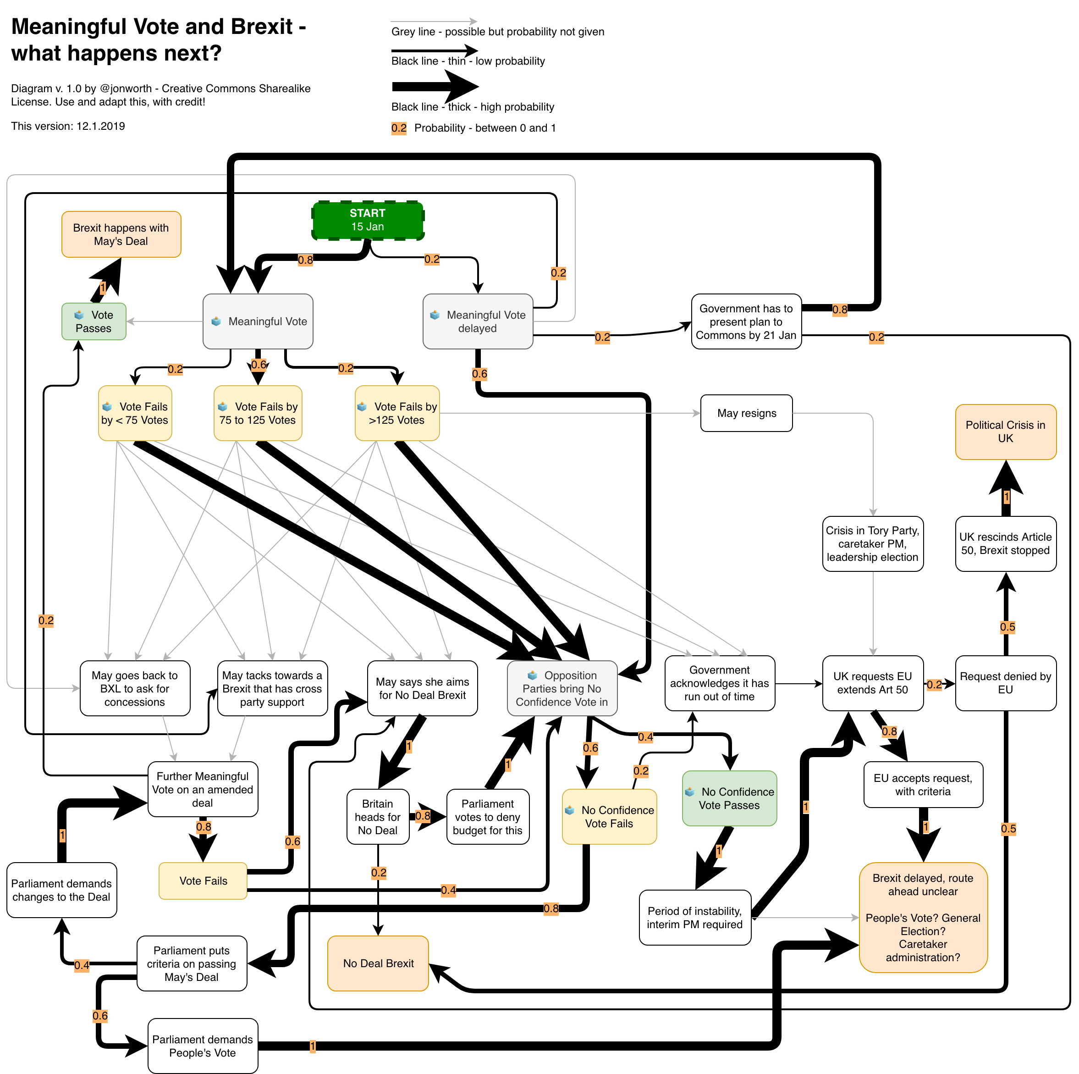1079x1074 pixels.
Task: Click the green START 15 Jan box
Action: (x=368, y=220)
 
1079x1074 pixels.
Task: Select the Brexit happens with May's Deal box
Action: (x=121, y=234)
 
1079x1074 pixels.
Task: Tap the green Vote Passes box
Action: (x=94, y=321)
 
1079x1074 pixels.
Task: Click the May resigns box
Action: (x=746, y=413)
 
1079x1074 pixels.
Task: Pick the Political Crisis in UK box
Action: (x=1005, y=432)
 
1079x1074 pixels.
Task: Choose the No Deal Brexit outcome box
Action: (x=378, y=963)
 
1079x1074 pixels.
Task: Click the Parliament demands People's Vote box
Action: (x=203, y=1046)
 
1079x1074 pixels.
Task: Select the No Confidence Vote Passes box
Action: (x=729, y=798)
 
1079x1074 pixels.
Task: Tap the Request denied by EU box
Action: (x=1005, y=683)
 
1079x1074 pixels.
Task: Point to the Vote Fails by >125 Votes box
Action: (x=397, y=413)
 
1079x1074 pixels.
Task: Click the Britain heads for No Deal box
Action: (x=378, y=816)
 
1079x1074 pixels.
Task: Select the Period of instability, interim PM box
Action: (x=695, y=918)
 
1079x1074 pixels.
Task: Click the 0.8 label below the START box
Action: (x=305, y=260)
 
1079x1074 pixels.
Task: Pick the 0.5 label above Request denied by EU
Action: (x=1007, y=627)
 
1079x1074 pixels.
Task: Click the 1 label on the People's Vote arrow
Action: (x=313, y=1046)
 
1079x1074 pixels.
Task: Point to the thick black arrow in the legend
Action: (x=435, y=87)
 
